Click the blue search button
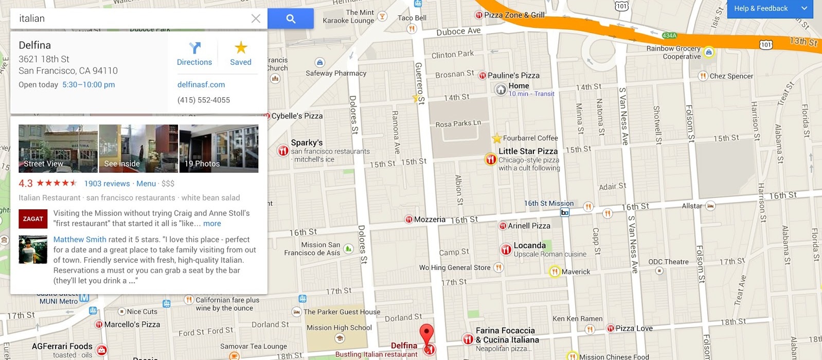coord(291,19)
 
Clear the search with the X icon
coord(256,19)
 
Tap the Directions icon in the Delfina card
coord(194,48)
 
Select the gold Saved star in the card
coord(241,48)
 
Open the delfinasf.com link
coord(201,84)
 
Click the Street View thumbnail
coord(58,148)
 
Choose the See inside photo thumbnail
coord(138,148)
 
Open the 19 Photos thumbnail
coord(219,148)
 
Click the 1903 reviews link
coord(107,184)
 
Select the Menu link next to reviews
coord(146,184)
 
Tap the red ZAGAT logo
coord(33,219)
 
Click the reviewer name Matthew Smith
coord(80,239)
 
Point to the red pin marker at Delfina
coord(426,334)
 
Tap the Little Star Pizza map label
coord(528,151)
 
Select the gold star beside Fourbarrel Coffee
coord(496,138)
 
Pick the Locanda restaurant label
coord(529,246)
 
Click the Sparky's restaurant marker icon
coord(283,150)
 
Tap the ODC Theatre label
coord(668,262)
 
